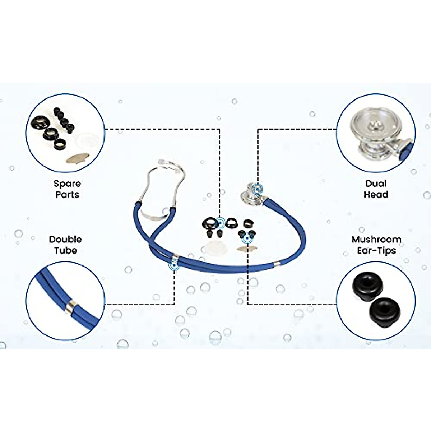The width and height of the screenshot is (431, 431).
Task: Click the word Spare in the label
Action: (67, 184)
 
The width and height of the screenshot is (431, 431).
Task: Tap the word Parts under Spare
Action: (67, 195)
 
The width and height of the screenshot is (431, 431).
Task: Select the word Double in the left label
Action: (65, 240)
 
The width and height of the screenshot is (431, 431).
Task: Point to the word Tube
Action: (66, 250)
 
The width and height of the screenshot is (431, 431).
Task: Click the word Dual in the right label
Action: (376, 184)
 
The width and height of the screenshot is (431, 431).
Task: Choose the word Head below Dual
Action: (376, 195)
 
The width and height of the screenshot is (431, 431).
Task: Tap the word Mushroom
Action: (376, 240)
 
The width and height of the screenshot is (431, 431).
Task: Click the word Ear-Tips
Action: (376, 250)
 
